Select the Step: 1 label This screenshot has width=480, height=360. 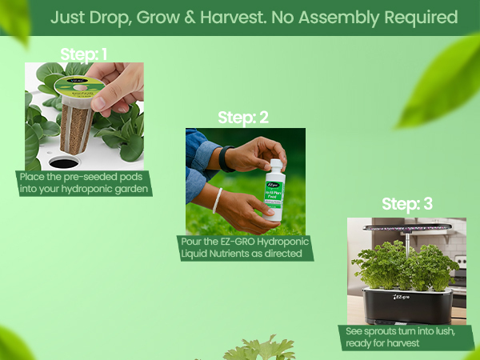click(84, 54)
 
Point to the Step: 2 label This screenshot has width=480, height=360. click(244, 118)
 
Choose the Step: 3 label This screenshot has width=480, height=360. click(407, 204)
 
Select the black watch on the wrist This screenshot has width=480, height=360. click(226, 158)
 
